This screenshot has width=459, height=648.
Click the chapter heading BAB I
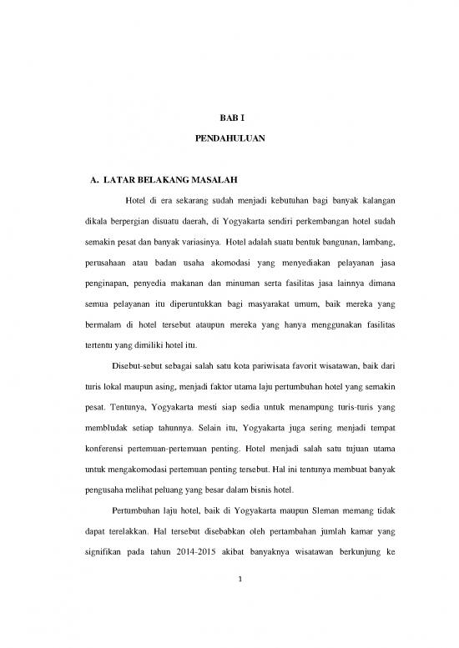click(229, 120)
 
